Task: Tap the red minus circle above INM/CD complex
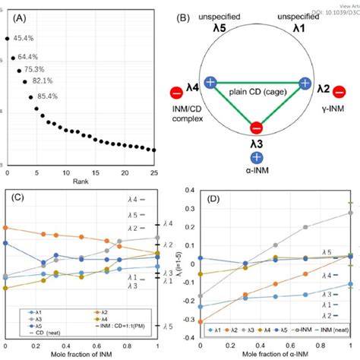[x=176, y=94]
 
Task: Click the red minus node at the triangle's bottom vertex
[x=257, y=127]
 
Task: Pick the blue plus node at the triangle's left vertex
[x=209, y=84]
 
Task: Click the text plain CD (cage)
[x=257, y=93]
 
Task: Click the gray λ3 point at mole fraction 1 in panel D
[x=351, y=213]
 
